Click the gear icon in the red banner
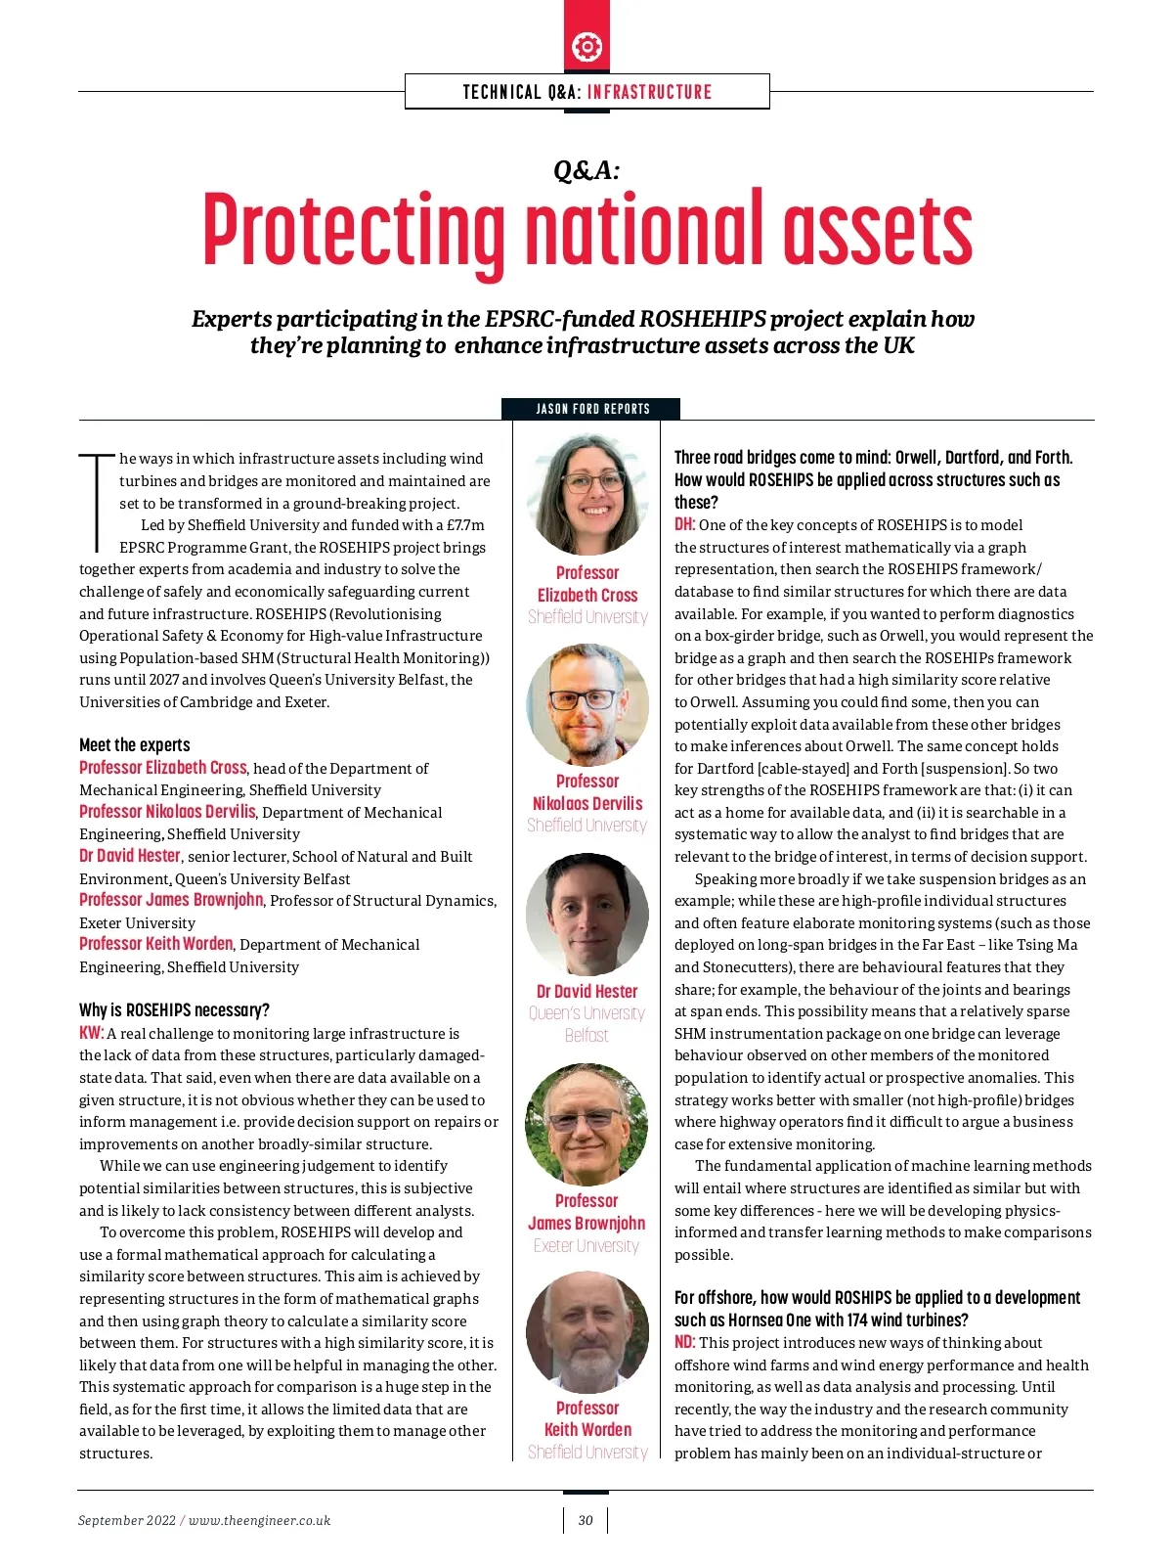tap(586, 46)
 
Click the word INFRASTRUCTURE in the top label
tap(649, 92)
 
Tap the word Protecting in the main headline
tap(354, 231)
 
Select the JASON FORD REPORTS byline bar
tap(591, 409)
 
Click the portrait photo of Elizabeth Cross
tap(587, 495)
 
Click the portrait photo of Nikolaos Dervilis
tap(587, 704)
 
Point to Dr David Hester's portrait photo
tap(587, 914)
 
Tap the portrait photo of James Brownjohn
tap(586, 1124)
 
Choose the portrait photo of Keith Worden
tap(587, 1331)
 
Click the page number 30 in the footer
tap(586, 1520)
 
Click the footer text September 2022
tap(127, 1520)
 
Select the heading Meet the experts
tap(135, 744)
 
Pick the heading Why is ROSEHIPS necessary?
tap(174, 1009)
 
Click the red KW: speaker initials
tap(91, 1033)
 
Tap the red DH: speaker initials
tap(684, 524)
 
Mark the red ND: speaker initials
tap(684, 1342)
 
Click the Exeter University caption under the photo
tap(586, 1245)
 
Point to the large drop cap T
tap(97, 500)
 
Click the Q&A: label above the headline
tap(586, 170)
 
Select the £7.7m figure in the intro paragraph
tap(465, 525)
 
